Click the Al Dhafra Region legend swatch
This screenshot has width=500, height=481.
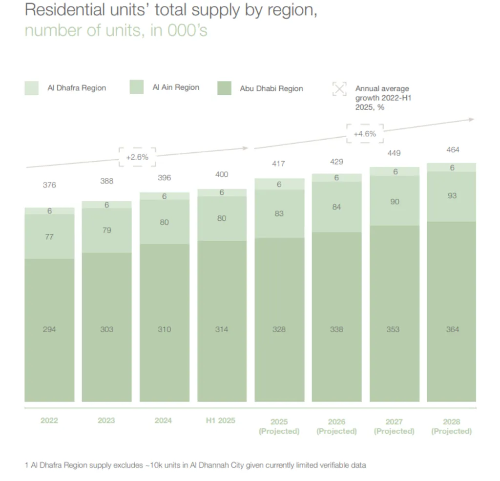31,88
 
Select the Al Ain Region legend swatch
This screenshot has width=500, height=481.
137,87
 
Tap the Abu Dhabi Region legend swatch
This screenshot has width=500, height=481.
224,88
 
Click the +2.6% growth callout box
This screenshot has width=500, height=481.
137,157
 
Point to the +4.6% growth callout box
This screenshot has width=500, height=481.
365,134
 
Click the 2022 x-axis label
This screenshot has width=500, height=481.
49,420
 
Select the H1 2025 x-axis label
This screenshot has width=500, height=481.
221,420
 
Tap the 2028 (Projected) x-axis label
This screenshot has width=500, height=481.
451,426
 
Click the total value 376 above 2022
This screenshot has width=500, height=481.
49,185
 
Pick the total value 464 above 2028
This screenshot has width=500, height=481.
453,150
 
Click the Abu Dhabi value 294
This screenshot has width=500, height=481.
49,330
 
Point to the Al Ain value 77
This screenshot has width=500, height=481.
49,237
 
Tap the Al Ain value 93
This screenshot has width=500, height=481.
452,196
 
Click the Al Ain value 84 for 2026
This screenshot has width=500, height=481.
336,207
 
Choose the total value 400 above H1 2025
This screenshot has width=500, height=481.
222,174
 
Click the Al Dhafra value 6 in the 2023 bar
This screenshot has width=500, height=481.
106,205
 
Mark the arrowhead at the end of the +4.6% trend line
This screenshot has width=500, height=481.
471,120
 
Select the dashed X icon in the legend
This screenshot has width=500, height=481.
339,88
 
